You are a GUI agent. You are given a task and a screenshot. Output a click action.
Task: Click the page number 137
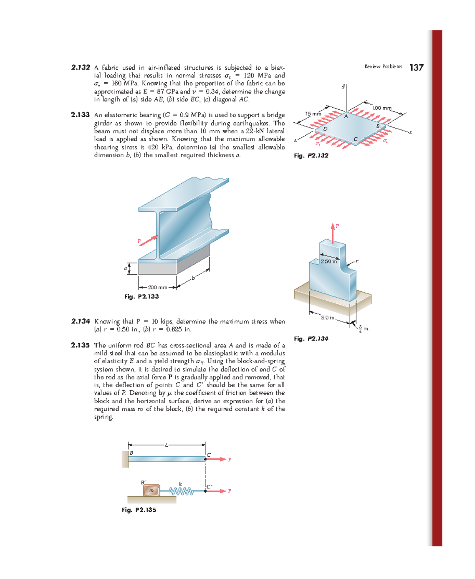pyautogui.click(x=416, y=68)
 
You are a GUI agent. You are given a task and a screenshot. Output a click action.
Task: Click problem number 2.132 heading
pyautogui.click(x=80, y=68)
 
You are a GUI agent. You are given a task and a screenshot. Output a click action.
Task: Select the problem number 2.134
pyautogui.click(x=80, y=321)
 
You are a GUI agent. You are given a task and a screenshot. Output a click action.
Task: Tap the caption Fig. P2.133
pyautogui.click(x=141, y=296)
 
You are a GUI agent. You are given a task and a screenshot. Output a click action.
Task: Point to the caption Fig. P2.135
pyautogui.click(x=139, y=510)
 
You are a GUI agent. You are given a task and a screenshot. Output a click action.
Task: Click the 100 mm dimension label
pyautogui.click(x=382, y=108)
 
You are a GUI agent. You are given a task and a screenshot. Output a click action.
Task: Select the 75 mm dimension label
pyautogui.click(x=313, y=114)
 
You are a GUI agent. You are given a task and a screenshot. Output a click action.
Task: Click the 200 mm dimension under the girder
pyautogui.click(x=158, y=288)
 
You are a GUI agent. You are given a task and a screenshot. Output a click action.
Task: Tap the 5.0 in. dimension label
pyautogui.click(x=328, y=317)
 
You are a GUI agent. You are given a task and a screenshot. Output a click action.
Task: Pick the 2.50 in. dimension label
pyautogui.click(x=329, y=262)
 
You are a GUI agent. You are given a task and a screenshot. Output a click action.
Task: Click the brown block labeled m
pyautogui.click(x=152, y=491)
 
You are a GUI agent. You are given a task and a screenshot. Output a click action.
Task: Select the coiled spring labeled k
pyautogui.click(x=181, y=491)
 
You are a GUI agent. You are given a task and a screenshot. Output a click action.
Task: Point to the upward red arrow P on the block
pyautogui.click(x=333, y=233)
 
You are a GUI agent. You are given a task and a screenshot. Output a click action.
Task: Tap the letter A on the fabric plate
pyautogui.click(x=346, y=117)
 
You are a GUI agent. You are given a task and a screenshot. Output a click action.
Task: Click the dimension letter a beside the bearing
pyautogui.click(x=126, y=269)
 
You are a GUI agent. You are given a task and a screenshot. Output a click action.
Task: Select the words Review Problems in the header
pyautogui.click(x=383, y=66)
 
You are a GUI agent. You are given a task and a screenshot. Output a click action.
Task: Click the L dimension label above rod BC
pyautogui.click(x=167, y=445)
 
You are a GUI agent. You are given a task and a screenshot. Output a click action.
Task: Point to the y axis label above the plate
pyautogui.click(x=344, y=86)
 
